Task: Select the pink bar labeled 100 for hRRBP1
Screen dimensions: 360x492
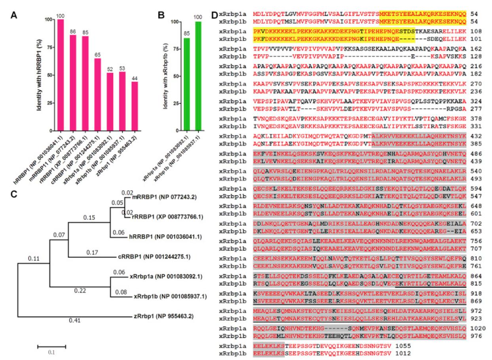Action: (x=61, y=75)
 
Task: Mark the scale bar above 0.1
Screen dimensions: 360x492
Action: (x=51, y=347)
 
